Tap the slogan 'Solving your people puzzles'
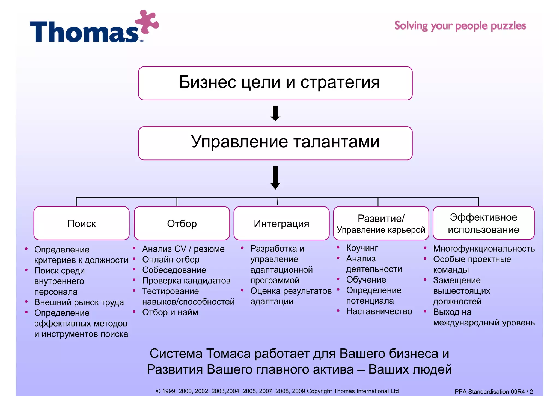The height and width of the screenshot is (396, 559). pyautogui.click(x=460, y=26)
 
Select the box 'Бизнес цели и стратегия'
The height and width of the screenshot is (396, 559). pyautogui.click(x=275, y=83)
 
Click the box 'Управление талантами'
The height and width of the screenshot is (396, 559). pyautogui.click(x=275, y=143)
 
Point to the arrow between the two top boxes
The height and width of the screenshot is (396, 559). pyautogui.click(x=275, y=113)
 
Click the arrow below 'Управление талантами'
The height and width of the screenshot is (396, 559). pyautogui.click(x=275, y=177)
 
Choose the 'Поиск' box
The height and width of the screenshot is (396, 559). pyautogui.click(x=81, y=223)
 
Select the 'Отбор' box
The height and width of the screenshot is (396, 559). pyautogui.click(x=182, y=223)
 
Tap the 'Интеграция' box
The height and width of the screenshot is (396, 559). pyautogui.click(x=281, y=223)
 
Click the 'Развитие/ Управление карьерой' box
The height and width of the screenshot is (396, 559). pyautogui.click(x=381, y=223)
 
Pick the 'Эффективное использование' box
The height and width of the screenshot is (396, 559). pyautogui.click(x=483, y=223)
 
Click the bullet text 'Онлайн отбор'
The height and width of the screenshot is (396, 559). pyautogui.click(x=171, y=259)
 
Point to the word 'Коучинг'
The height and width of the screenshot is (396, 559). pyautogui.click(x=362, y=248)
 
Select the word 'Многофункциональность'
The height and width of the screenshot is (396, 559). pyautogui.click(x=484, y=249)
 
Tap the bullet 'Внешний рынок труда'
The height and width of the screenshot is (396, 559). pyautogui.click(x=79, y=302)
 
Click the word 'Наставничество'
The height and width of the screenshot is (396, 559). pyautogui.click(x=379, y=311)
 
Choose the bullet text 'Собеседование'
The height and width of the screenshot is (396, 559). pyautogui.click(x=174, y=270)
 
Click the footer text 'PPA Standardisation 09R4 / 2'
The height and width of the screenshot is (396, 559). pyautogui.click(x=493, y=392)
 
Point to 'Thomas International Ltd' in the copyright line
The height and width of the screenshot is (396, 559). pyautogui.click(x=366, y=391)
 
